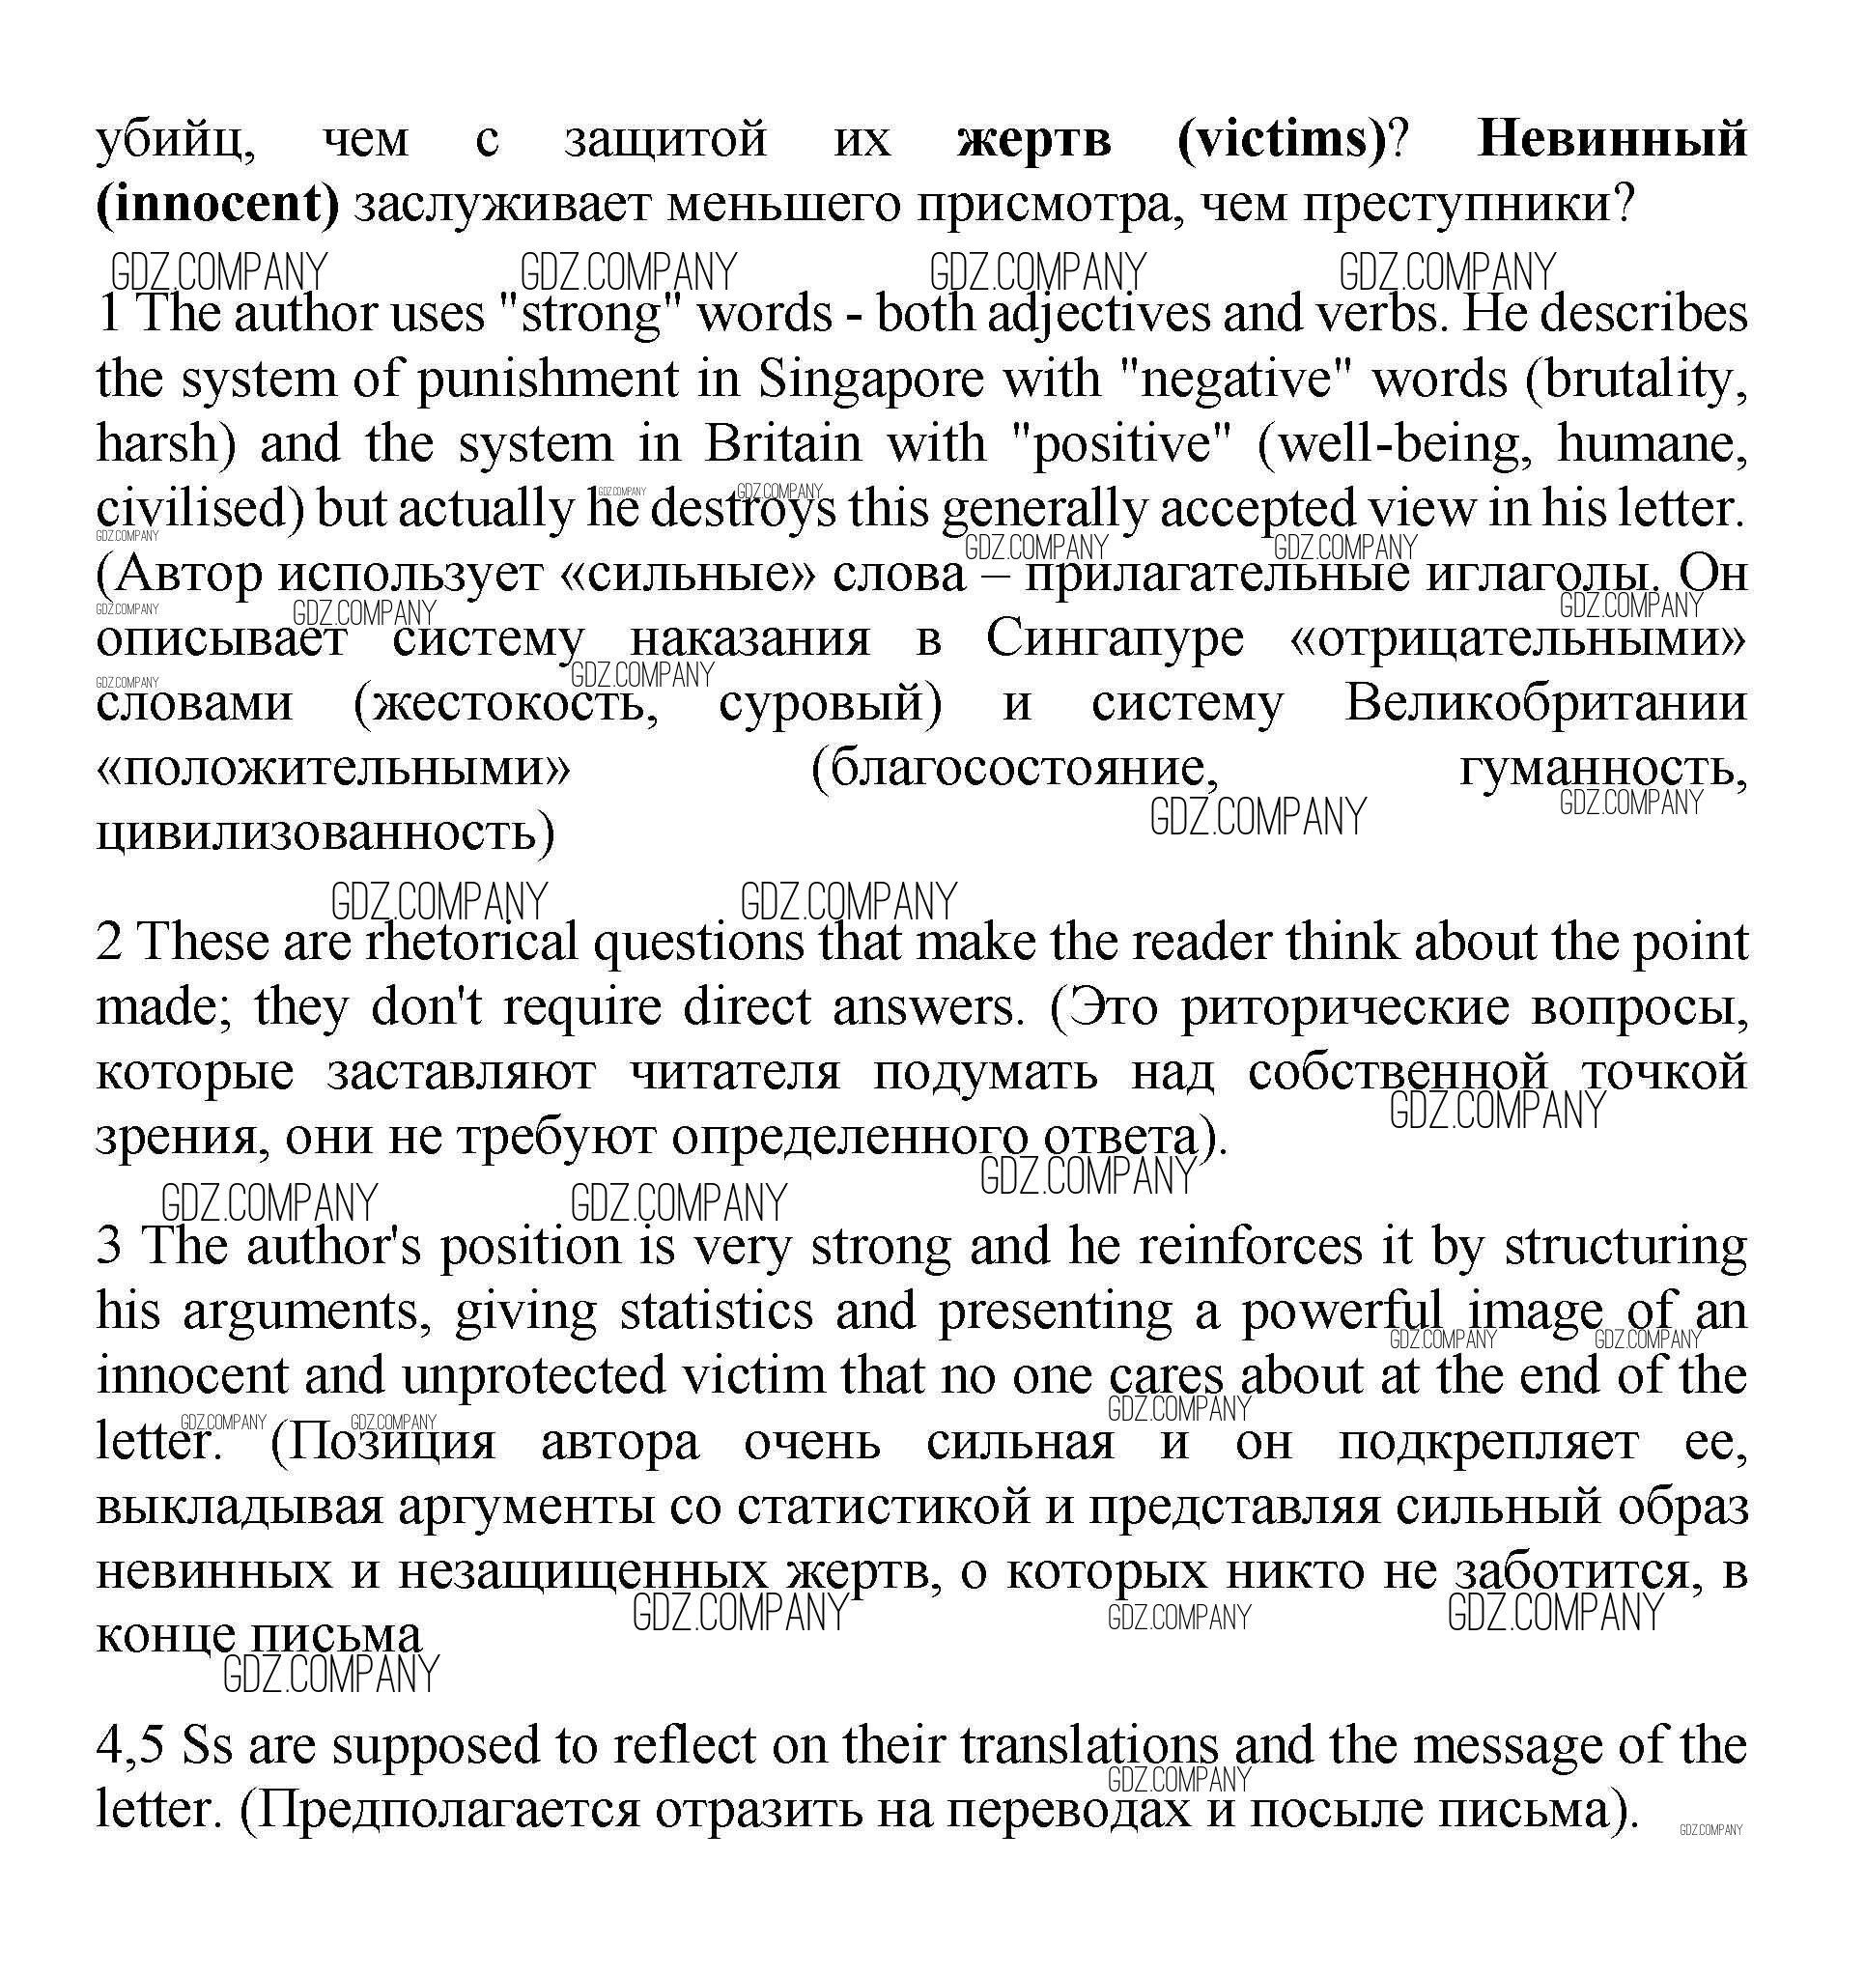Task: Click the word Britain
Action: coord(783,443)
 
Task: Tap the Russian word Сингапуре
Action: coord(1115,639)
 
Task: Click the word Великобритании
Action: coord(1546,704)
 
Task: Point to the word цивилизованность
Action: coord(325,832)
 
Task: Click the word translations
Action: coord(1088,1745)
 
